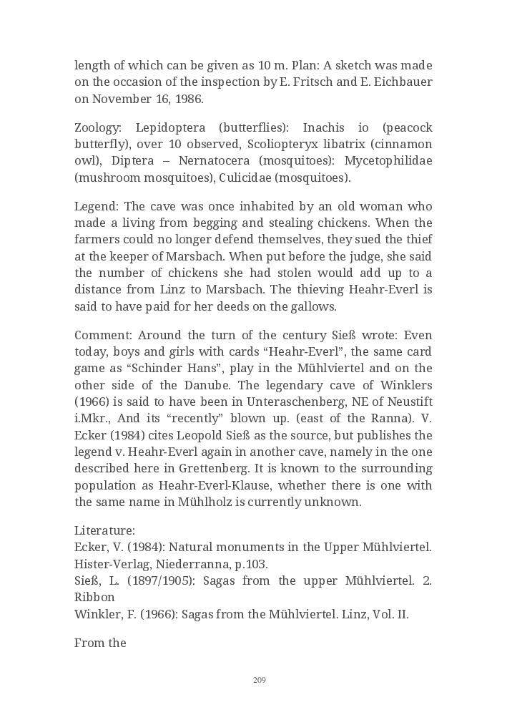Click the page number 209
[x=260, y=680]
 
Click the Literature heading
[x=104, y=531]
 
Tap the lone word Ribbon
[x=94, y=597]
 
